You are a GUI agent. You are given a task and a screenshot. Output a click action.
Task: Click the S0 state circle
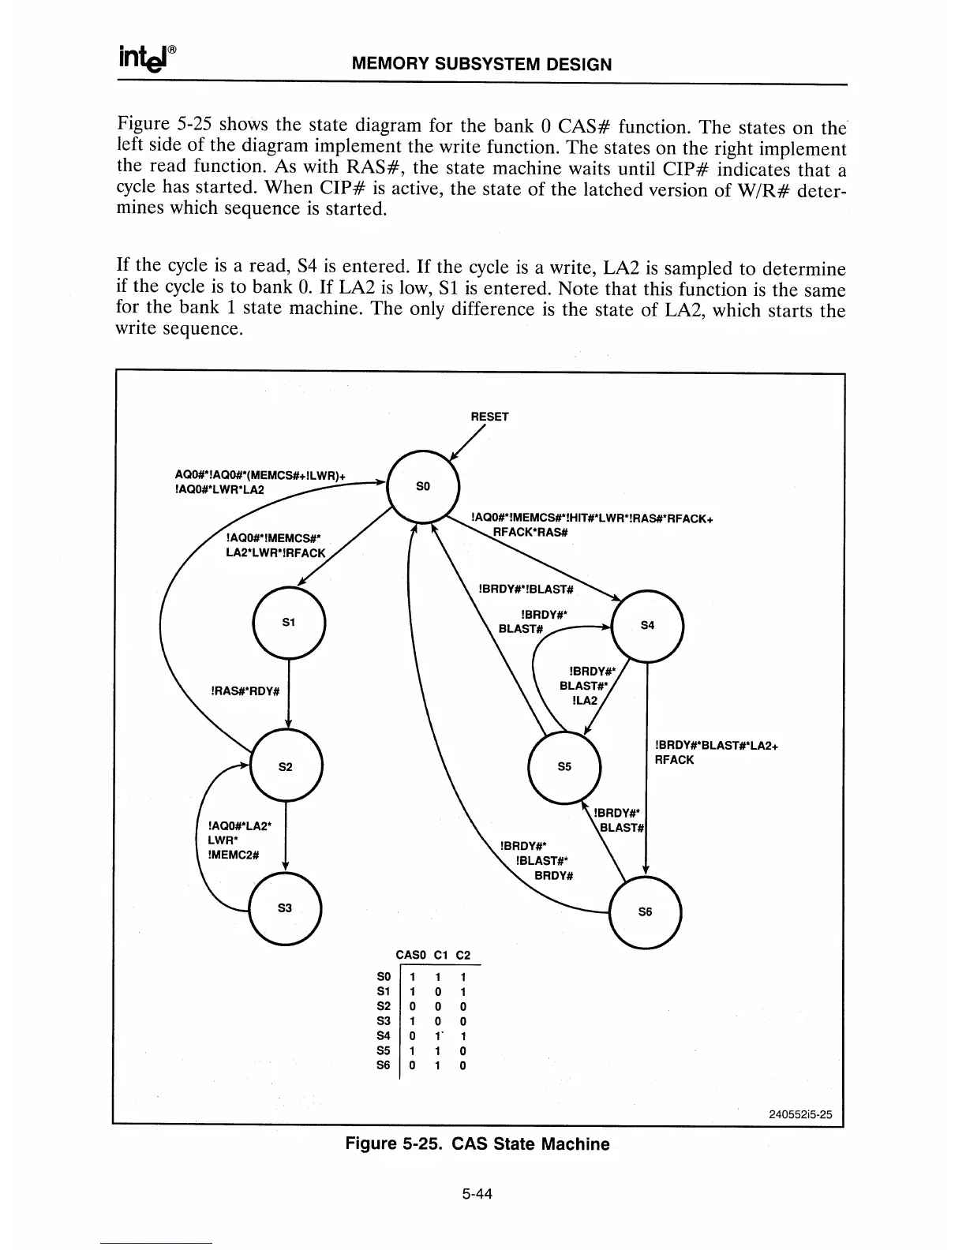tap(422, 485)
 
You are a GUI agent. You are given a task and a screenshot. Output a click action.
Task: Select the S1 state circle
tap(288, 623)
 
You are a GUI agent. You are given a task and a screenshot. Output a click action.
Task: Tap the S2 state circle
tap(286, 766)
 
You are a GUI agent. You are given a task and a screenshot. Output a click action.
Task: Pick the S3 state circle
tap(285, 908)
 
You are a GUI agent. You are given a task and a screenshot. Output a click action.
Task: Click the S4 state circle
tap(647, 625)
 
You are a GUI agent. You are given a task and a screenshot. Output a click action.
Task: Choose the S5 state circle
tap(564, 766)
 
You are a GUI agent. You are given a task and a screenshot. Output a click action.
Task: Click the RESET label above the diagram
tap(489, 417)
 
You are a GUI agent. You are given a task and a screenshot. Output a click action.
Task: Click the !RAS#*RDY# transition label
tap(245, 691)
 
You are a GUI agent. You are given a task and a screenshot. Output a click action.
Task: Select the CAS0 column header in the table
tap(410, 956)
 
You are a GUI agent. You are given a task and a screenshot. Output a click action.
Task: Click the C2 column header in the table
tap(463, 956)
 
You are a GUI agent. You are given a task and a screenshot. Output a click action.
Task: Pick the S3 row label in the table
tap(384, 1021)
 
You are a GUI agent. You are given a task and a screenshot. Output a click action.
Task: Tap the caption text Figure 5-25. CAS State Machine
tap(477, 1144)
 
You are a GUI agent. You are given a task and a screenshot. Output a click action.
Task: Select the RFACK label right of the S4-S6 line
tap(674, 760)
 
